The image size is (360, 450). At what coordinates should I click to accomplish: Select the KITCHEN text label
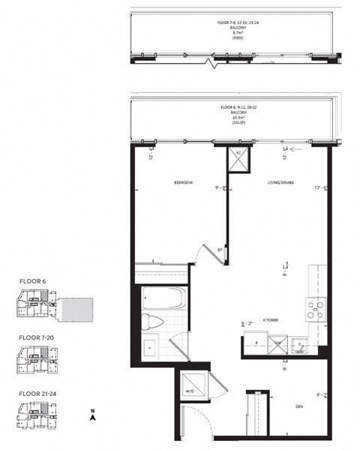270,320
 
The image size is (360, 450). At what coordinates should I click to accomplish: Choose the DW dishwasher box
277,344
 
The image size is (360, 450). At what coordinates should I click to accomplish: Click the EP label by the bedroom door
219,249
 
